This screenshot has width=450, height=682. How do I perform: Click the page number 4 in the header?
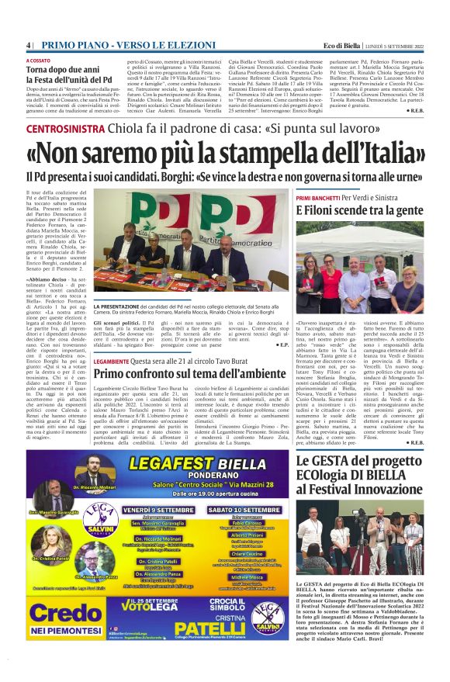coord(28,45)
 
